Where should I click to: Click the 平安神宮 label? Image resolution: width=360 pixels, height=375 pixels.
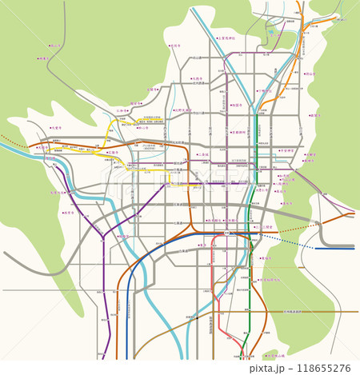[x=287, y=150]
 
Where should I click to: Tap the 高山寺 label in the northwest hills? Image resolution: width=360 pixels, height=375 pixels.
[x=55, y=46]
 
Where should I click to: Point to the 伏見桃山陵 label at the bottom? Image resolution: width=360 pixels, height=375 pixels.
[x=274, y=354]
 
